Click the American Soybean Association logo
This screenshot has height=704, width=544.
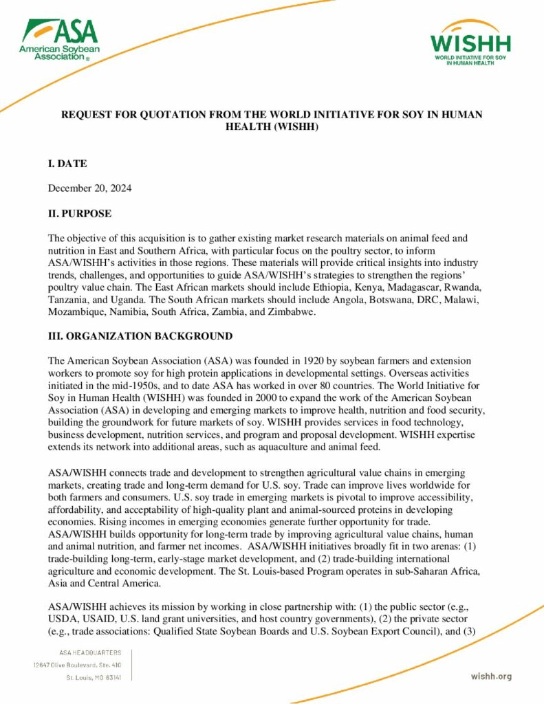(59, 40)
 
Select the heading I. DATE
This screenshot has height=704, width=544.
(67, 164)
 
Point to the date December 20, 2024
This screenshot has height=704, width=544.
(89, 188)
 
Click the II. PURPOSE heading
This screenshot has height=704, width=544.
(79, 214)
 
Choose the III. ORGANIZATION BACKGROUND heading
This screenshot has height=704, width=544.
(140, 336)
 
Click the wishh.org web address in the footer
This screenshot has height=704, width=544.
(491, 676)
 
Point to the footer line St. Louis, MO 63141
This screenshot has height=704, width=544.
(94, 678)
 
